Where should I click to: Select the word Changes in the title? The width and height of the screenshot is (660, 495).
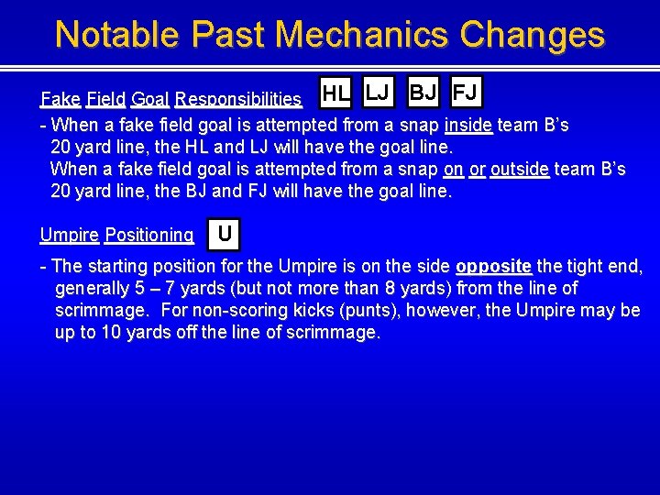click(533, 34)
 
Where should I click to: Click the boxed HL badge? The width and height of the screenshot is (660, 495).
click(336, 93)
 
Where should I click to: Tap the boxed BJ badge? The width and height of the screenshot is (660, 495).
click(423, 92)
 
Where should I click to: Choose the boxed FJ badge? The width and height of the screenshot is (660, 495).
click(467, 92)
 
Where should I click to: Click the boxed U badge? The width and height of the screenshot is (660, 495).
click(225, 236)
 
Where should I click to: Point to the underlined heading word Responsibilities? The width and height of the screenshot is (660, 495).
click(238, 99)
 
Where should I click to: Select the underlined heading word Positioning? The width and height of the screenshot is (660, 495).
click(149, 236)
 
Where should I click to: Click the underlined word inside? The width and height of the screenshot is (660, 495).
click(467, 125)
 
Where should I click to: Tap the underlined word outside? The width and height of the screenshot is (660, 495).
click(520, 170)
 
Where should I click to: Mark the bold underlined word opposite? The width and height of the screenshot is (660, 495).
click(493, 267)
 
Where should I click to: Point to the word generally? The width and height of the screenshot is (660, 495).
click(93, 289)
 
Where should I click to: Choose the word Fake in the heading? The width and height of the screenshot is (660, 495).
click(60, 99)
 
